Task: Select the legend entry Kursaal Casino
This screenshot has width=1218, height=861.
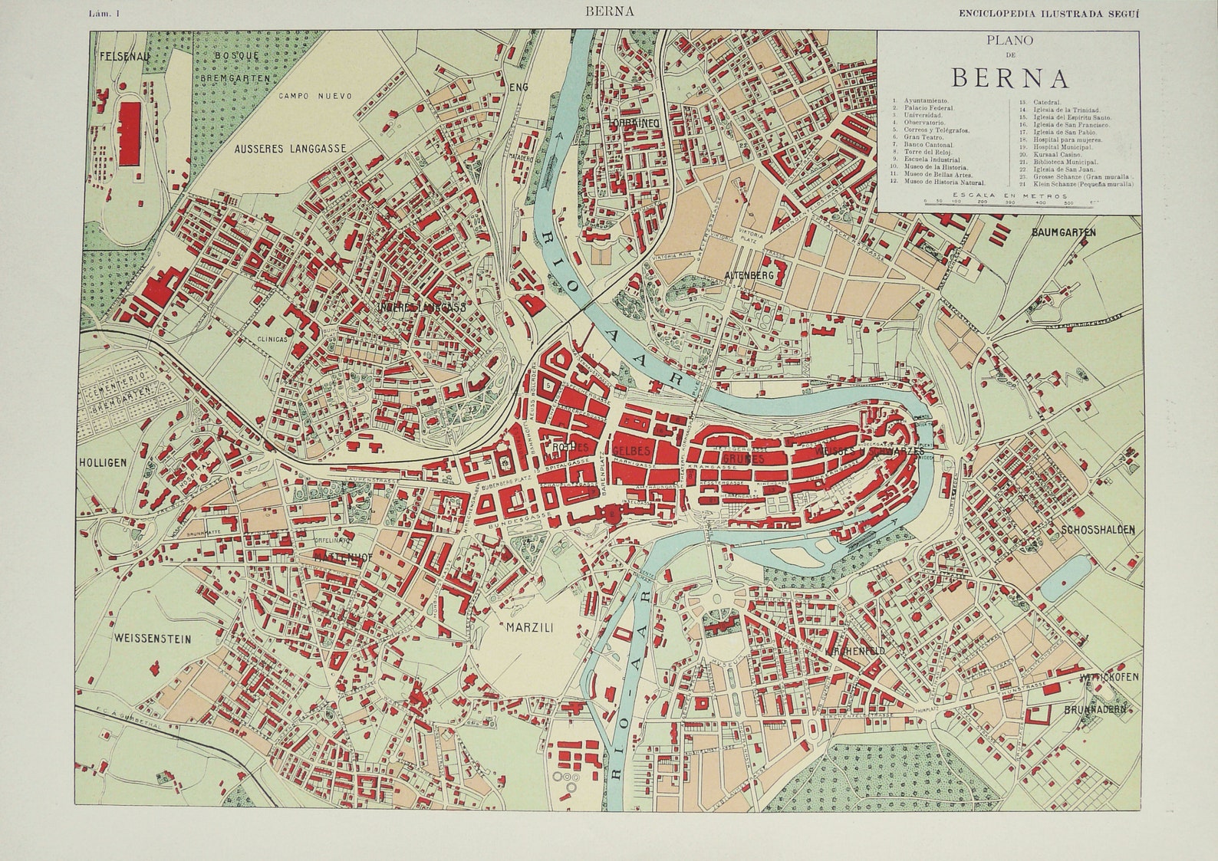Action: coord(1047,154)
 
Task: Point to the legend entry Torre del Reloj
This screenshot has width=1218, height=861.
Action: coord(929,153)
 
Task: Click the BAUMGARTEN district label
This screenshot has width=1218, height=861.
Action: coord(1064,232)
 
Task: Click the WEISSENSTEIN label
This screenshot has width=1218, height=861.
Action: coord(152,638)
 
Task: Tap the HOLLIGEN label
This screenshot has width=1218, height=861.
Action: coord(101,462)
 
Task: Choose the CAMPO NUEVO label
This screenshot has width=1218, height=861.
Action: coord(315,96)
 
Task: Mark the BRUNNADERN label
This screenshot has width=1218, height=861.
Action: coord(1095,710)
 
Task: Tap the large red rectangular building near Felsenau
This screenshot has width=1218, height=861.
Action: coord(130,134)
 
